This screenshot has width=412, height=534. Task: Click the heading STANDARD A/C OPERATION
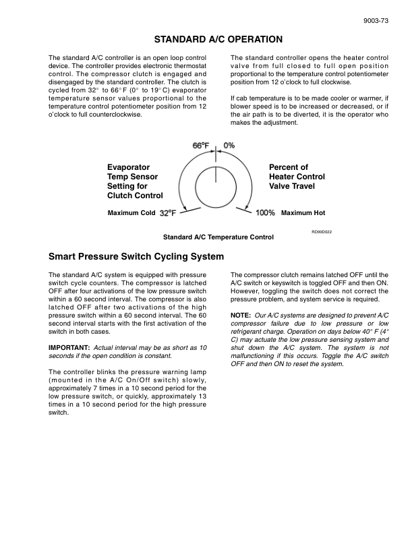218,40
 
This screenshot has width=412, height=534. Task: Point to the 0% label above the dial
229,146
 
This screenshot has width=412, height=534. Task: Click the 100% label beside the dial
266,213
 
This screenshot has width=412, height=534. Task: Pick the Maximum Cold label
131,213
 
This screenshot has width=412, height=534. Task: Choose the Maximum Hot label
303,213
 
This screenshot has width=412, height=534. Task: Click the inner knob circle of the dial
216,191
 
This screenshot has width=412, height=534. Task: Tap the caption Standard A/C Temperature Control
218,237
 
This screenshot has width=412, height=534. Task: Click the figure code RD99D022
321,231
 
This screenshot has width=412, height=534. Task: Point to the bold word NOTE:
241,316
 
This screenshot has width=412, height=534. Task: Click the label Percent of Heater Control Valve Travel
297,177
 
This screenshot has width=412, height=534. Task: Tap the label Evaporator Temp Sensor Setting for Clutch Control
135,181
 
